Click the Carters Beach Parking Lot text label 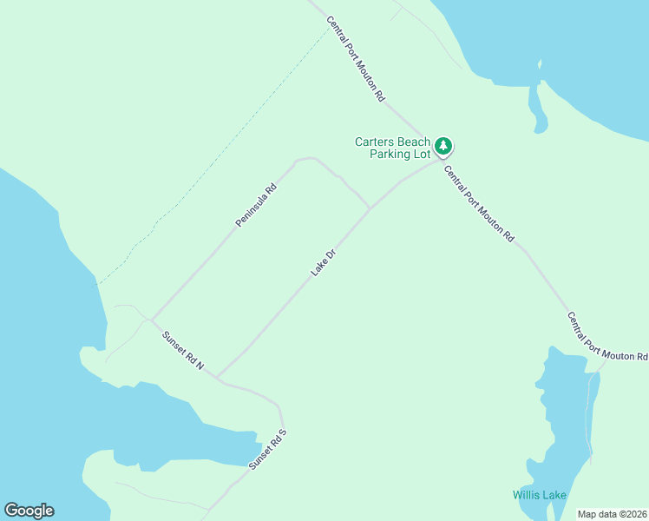[392, 148]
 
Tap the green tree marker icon [443, 146]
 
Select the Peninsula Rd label [256, 205]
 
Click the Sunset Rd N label [183, 349]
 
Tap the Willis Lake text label [539, 495]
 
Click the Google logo [29, 511]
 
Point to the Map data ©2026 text [613, 514]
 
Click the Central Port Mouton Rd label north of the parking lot [355, 59]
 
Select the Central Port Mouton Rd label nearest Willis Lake [607, 337]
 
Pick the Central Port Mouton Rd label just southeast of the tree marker [480, 204]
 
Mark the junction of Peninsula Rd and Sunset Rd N [151, 320]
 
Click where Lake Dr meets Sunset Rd [217, 378]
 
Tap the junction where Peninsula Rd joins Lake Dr [370, 208]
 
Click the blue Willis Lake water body [560, 417]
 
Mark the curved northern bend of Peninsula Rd [305, 159]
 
